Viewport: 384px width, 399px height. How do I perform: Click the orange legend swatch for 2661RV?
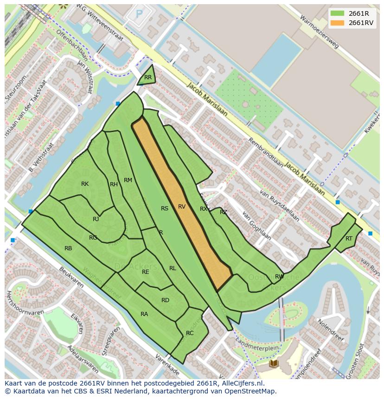pyautogui.click(x=337, y=23)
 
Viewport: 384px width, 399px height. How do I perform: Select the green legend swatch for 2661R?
pyautogui.click(x=337, y=13)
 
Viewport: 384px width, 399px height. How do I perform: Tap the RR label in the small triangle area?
pyautogui.click(x=148, y=77)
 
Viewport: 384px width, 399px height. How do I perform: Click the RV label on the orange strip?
pyautogui.click(x=182, y=207)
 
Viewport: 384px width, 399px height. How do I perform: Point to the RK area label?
pyautogui.click(x=85, y=184)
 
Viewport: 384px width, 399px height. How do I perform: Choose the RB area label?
pyautogui.click(x=68, y=248)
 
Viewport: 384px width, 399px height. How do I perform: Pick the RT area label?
pyautogui.click(x=349, y=239)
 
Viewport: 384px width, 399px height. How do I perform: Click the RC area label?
pyautogui.click(x=190, y=333)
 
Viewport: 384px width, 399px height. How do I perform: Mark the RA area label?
pyautogui.click(x=144, y=314)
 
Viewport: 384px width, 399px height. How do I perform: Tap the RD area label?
pyautogui.click(x=165, y=300)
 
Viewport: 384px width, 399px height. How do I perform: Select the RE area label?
pyautogui.click(x=146, y=272)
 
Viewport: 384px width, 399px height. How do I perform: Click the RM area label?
pyautogui.click(x=128, y=180)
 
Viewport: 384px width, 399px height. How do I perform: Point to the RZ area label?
pyautogui.click(x=224, y=212)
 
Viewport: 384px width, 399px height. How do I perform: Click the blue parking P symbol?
pyautogui.click(x=139, y=14)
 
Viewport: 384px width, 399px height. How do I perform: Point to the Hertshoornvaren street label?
pyautogui.click(x=25, y=302)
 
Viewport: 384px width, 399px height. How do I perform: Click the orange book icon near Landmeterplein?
pyautogui.click(x=274, y=363)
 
